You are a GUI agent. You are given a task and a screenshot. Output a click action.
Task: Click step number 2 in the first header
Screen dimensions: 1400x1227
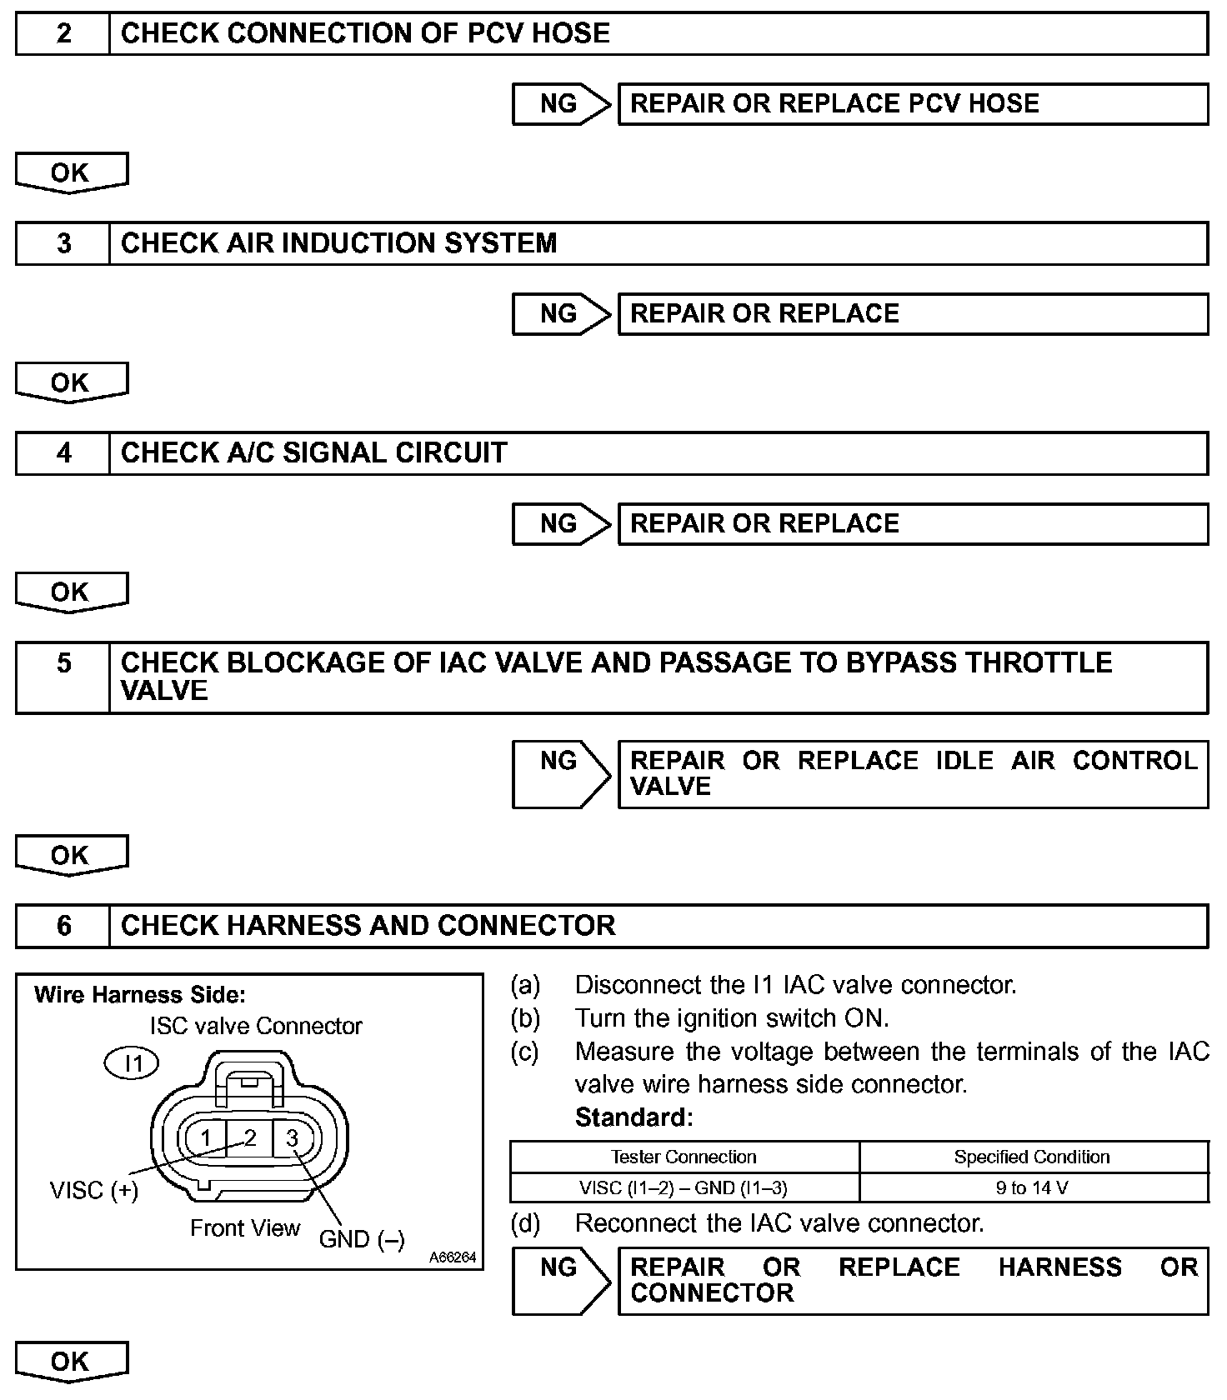[64, 33]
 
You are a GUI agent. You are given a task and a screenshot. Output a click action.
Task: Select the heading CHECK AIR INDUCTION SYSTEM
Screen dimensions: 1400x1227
[338, 243]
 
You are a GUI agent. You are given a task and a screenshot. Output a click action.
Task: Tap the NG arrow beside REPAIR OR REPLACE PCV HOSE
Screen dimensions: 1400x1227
[560, 104]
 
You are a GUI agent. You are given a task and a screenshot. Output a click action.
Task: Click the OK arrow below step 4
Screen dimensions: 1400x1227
[71, 592]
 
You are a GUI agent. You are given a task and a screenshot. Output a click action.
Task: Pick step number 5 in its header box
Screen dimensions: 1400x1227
[64, 663]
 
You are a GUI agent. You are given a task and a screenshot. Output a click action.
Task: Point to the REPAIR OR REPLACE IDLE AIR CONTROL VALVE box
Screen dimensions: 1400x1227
[912, 773]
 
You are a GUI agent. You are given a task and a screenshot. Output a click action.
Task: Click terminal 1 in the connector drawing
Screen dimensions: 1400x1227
[206, 1138]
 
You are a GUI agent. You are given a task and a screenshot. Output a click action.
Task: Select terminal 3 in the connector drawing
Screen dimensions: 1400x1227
[293, 1138]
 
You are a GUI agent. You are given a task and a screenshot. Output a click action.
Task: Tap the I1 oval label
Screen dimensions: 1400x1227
[133, 1063]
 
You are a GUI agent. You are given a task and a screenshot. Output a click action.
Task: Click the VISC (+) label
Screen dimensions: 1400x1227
[94, 1190]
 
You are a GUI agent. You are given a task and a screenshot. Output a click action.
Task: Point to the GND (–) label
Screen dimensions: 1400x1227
[362, 1239]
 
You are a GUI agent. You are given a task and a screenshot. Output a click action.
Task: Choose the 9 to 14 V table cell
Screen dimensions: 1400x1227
[1032, 1188]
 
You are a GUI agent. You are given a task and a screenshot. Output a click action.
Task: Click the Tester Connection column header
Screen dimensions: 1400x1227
[684, 1157]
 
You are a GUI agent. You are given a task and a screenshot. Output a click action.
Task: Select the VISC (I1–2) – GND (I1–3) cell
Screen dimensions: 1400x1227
[684, 1188]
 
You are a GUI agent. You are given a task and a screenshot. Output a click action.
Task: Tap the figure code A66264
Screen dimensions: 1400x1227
[453, 1257]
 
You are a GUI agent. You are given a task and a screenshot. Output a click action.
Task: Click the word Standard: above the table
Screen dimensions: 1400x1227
[634, 1117]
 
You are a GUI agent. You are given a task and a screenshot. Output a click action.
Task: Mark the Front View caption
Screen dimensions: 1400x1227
[245, 1228]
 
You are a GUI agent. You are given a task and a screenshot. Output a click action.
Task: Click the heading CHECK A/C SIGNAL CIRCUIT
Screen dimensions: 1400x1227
[313, 453]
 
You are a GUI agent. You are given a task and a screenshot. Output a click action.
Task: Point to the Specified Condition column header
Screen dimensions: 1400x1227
[1032, 1157]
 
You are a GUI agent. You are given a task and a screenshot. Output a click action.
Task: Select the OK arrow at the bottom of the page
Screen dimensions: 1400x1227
[71, 1362]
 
